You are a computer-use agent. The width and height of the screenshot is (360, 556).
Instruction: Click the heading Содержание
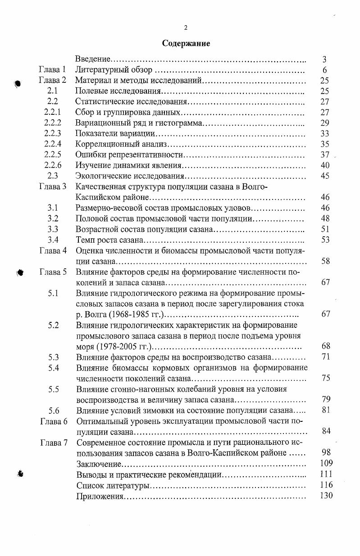coord(186,44)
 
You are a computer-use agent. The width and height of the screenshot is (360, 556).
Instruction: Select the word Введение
coord(93,59)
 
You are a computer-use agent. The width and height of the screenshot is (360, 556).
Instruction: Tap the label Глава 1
coord(53,70)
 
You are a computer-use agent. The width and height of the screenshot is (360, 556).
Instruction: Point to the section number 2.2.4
coord(53,144)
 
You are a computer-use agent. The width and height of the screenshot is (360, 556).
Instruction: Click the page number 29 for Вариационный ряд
coord(325,123)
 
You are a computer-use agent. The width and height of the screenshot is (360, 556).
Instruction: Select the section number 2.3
coord(53,176)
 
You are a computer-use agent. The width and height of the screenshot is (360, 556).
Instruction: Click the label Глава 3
coord(53,186)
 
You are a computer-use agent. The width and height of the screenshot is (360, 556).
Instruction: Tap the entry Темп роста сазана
coord(110,240)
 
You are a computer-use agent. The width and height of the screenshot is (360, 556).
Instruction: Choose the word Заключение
coord(99,463)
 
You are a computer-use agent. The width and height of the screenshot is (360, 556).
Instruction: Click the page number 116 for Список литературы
coord(326,485)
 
